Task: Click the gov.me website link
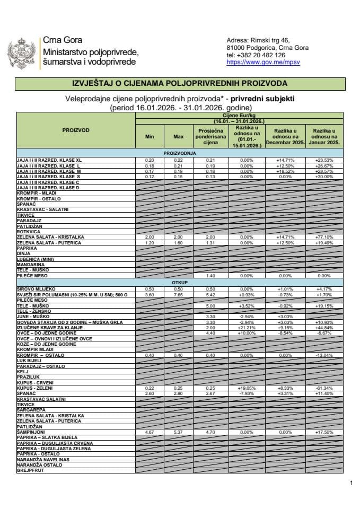pos(256,62)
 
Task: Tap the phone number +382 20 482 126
pos(256,55)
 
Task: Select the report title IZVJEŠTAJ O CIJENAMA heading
pos(180,84)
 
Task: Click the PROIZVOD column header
pos(76,130)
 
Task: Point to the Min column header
pos(150,137)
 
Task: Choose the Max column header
pos(178,137)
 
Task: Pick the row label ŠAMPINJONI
pos(32,433)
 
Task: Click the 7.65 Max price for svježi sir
pos(178,293)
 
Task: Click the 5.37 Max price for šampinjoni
pos(178,433)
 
